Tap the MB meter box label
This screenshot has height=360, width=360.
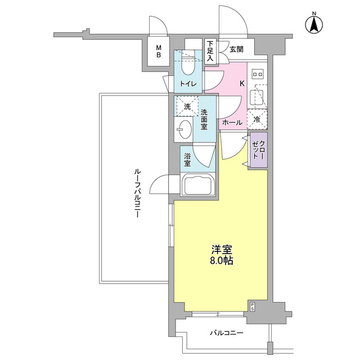159,52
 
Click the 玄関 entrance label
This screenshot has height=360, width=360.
236,49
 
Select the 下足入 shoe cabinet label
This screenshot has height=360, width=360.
210,50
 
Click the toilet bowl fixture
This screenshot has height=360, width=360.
188,66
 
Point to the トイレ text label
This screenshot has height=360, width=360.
188,84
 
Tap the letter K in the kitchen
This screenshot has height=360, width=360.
242,84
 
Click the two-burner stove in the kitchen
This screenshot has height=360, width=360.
258,74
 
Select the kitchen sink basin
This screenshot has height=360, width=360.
258,96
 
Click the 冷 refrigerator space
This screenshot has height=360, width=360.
257,119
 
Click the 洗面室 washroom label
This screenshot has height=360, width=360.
205,119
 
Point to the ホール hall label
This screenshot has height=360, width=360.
232,123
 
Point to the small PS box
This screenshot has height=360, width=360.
253,307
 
